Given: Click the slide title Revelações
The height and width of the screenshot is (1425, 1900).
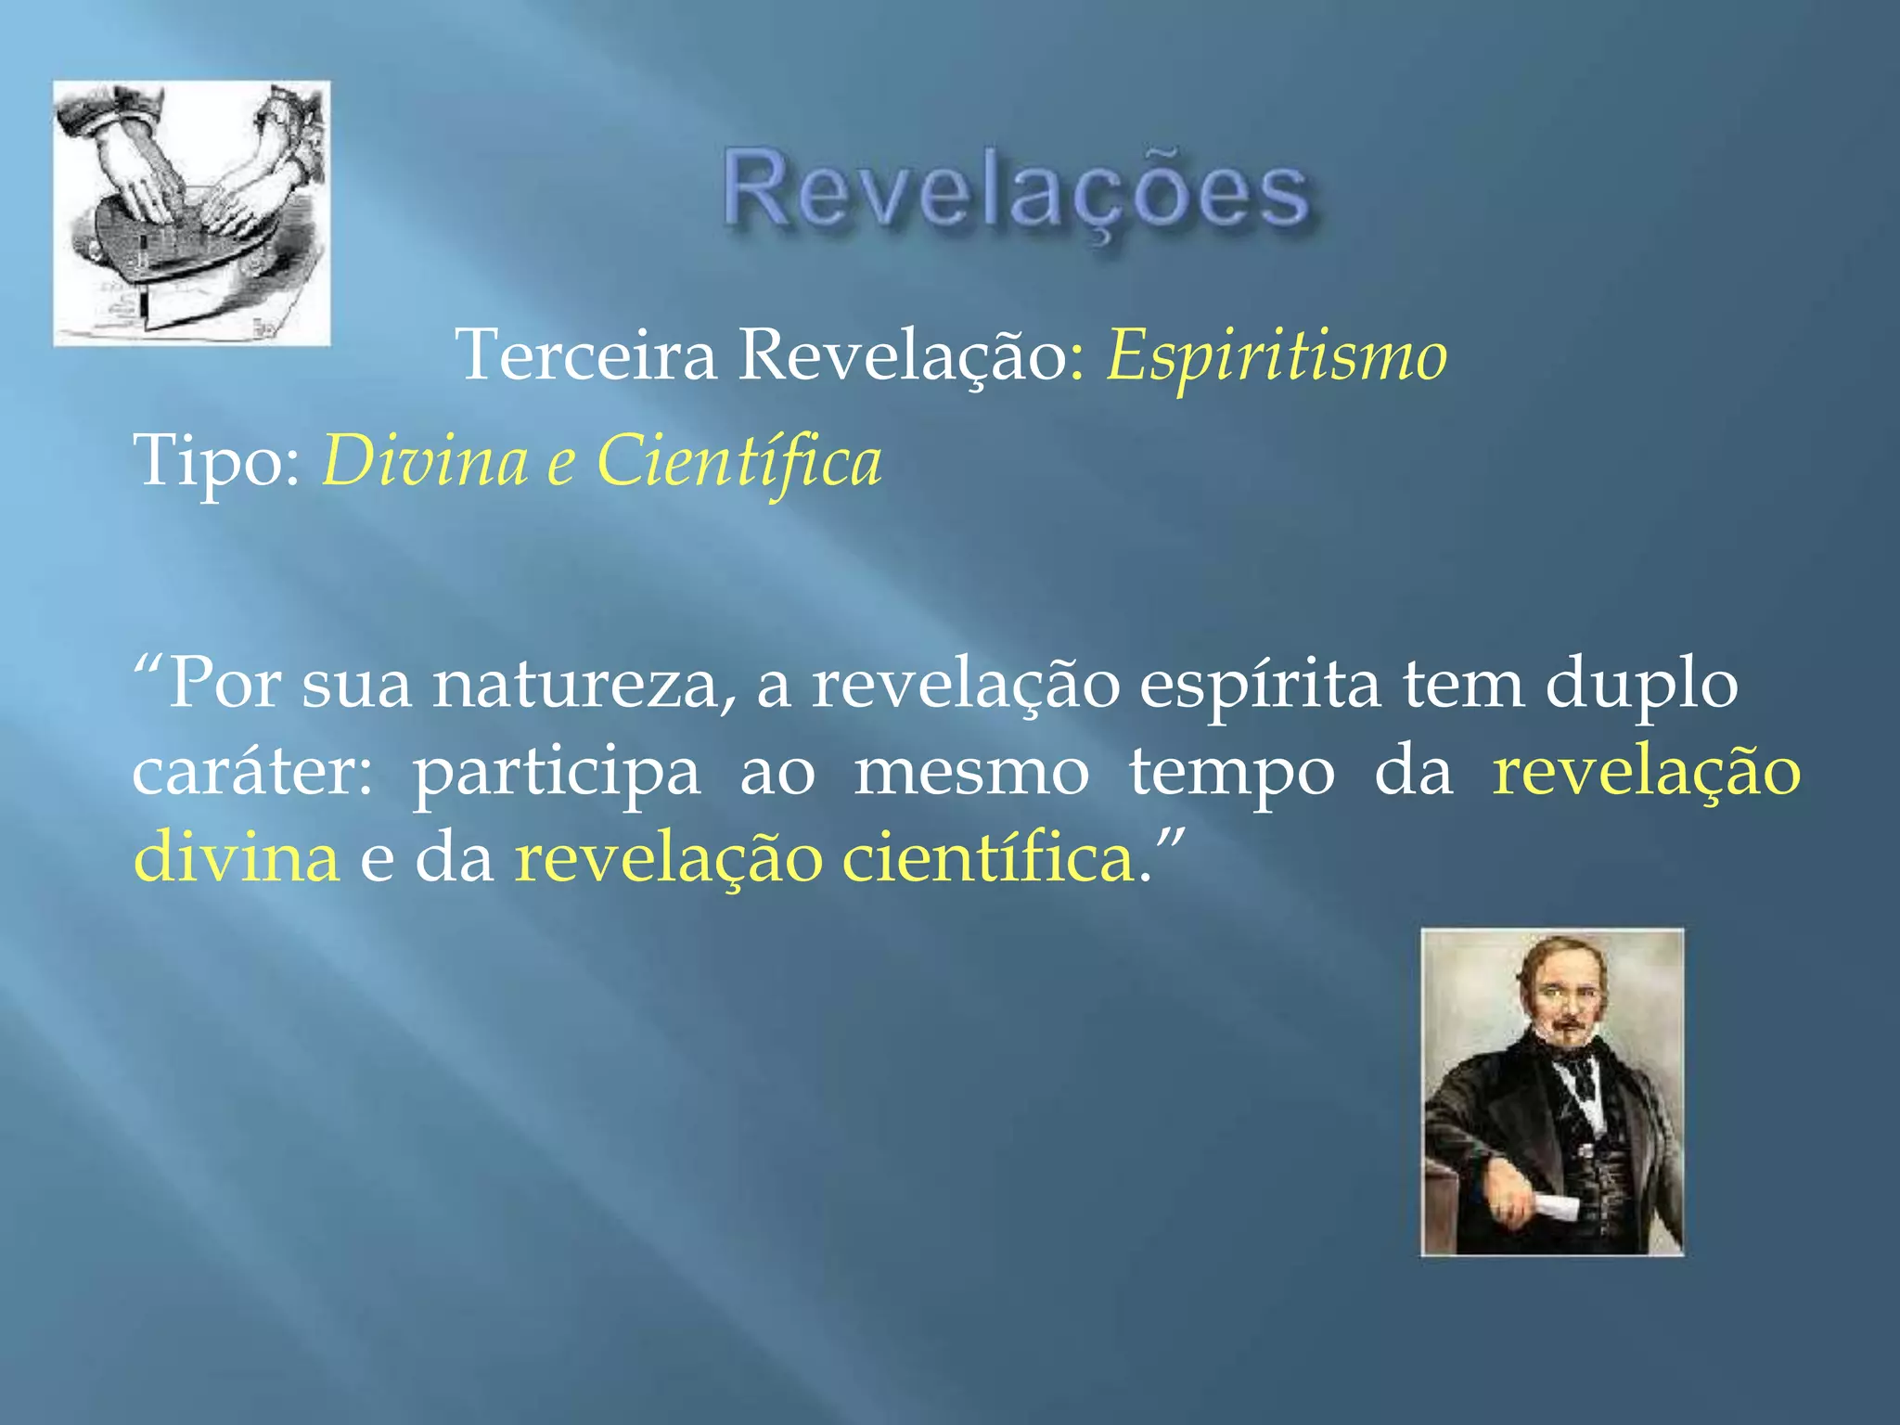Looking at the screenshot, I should [1016, 192].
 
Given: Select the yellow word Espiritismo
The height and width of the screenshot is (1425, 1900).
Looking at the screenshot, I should [1277, 354].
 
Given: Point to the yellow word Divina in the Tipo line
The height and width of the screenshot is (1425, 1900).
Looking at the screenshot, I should [425, 460].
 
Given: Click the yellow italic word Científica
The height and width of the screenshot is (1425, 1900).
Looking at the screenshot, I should [738, 460].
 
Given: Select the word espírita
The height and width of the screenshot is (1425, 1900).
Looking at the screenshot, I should [1260, 685].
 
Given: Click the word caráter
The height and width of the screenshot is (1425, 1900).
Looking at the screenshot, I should [250, 772].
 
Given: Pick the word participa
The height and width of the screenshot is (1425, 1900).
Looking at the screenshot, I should [557, 772].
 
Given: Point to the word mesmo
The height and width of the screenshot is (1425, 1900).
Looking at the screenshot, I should [971, 772].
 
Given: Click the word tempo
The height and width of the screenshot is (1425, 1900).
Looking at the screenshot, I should [1231, 772].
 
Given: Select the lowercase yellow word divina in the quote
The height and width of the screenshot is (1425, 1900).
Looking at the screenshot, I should [237, 857].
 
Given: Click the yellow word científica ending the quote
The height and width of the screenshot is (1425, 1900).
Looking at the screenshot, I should [989, 857].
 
